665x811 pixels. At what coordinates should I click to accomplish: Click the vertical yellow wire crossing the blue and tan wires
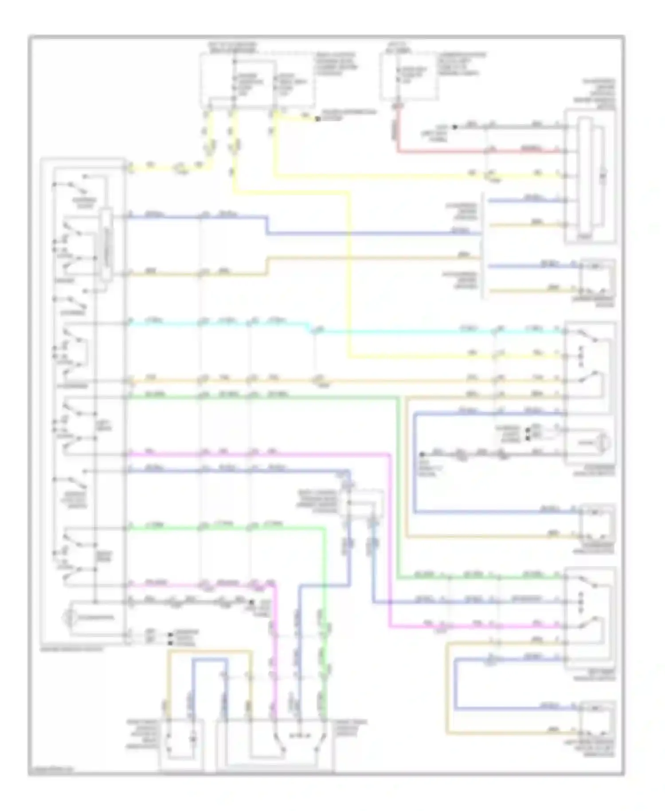[349, 266]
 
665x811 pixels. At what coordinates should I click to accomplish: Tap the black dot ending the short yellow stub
[317, 119]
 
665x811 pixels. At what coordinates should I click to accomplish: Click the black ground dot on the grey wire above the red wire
[454, 127]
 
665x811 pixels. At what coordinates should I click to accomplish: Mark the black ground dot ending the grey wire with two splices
[422, 455]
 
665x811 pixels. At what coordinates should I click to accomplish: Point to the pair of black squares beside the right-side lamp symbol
[527, 434]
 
